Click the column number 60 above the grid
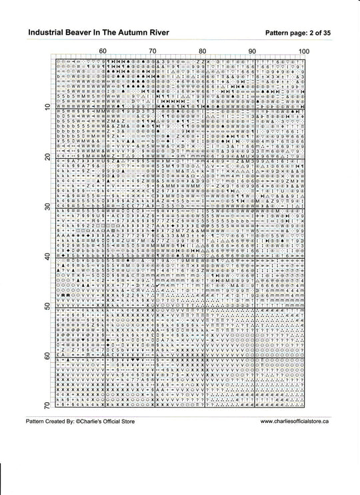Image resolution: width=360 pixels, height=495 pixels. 102,51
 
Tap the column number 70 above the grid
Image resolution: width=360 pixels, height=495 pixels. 152,51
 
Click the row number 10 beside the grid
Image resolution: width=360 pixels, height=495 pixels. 47,107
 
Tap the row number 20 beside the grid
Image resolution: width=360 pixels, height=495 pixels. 47,157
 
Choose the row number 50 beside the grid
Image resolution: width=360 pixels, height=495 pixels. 47,307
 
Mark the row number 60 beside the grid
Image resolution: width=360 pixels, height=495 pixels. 47,356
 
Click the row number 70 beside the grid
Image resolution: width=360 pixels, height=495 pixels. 47,406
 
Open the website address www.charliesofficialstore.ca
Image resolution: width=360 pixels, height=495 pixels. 294,422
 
